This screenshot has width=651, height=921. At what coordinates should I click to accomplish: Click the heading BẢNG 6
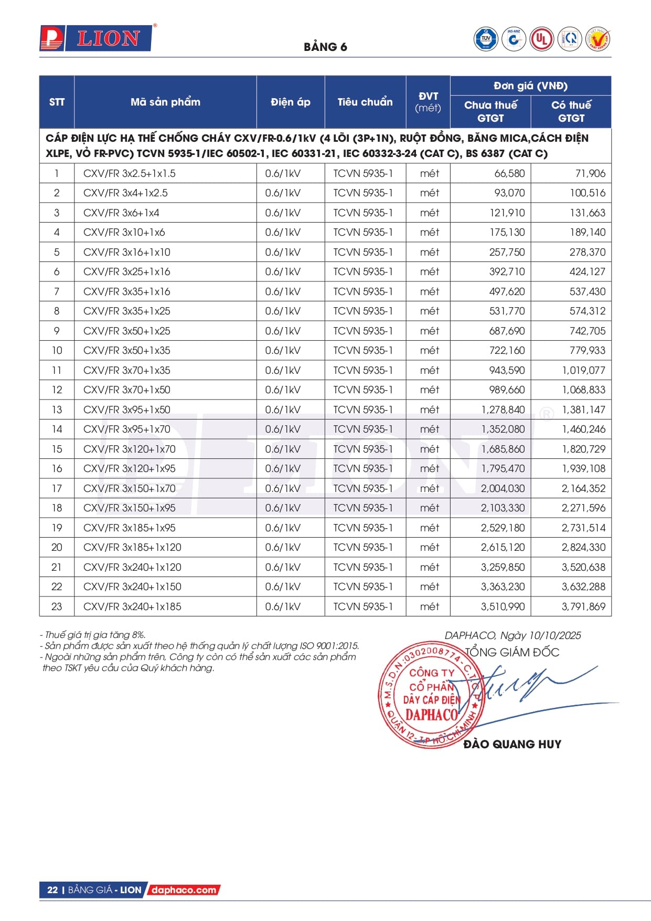(325, 47)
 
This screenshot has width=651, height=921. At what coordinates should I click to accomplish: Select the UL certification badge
(541, 39)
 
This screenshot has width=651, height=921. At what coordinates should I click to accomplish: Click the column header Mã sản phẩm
(165, 102)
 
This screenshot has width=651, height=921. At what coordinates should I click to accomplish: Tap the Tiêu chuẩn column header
(365, 102)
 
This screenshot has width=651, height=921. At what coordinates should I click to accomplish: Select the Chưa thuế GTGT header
(490, 111)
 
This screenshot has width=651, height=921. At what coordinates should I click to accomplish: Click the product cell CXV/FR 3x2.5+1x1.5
(130, 173)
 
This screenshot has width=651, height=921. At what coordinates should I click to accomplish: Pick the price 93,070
(509, 193)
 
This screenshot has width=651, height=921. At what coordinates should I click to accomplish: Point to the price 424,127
(587, 271)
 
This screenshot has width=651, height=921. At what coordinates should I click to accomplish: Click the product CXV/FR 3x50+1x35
(127, 350)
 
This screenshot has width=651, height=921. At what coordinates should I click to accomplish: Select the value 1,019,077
(583, 370)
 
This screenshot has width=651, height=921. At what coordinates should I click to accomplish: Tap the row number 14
(57, 429)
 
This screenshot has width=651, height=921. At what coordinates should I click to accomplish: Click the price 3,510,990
(503, 606)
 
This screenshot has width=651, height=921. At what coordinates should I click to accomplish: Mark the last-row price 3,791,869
(583, 606)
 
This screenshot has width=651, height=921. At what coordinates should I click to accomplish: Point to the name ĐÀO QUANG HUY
(512, 744)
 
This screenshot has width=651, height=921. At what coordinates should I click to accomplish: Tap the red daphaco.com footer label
(184, 890)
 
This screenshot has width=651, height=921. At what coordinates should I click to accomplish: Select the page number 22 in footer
(52, 890)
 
